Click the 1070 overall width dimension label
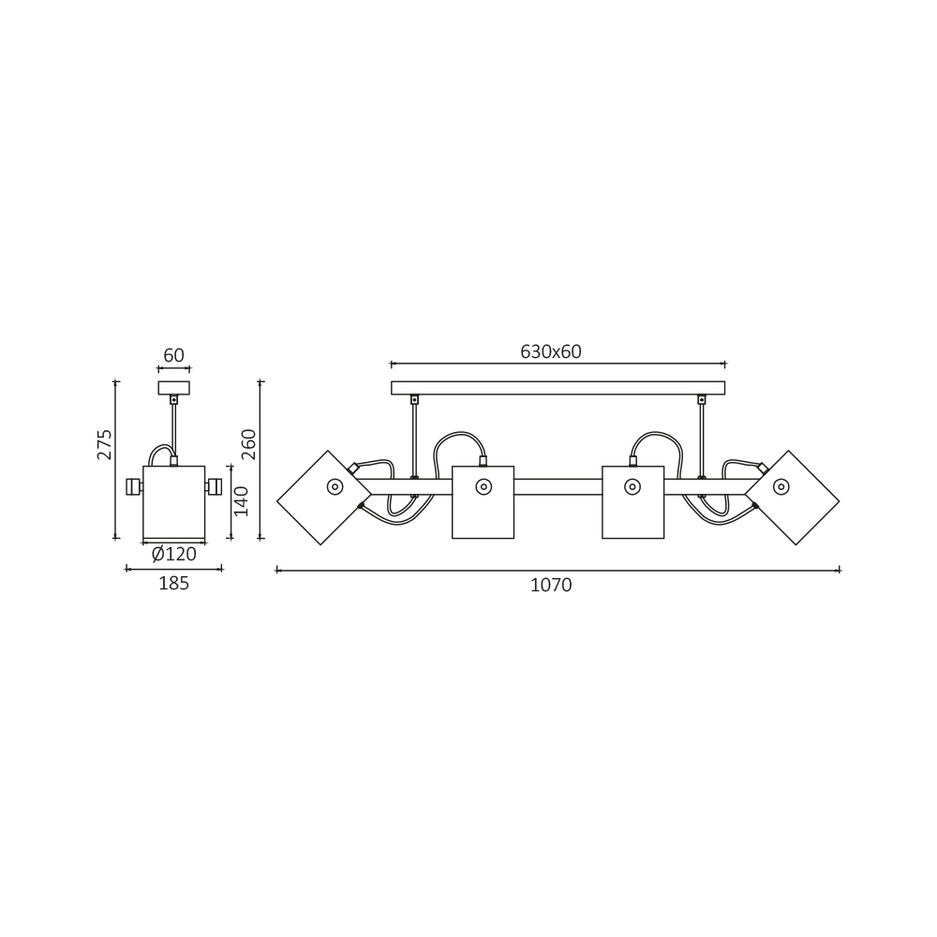tap(551, 585)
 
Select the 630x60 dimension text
tap(550, 352)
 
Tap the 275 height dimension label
tap(105, 444)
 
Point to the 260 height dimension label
tap(248, 444)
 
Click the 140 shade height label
tap(241, 501)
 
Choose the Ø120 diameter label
tap(174, 555)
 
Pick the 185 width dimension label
tap(174, 583)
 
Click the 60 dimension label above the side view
tap(174, 355)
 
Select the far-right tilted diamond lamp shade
tap(793, 498)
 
